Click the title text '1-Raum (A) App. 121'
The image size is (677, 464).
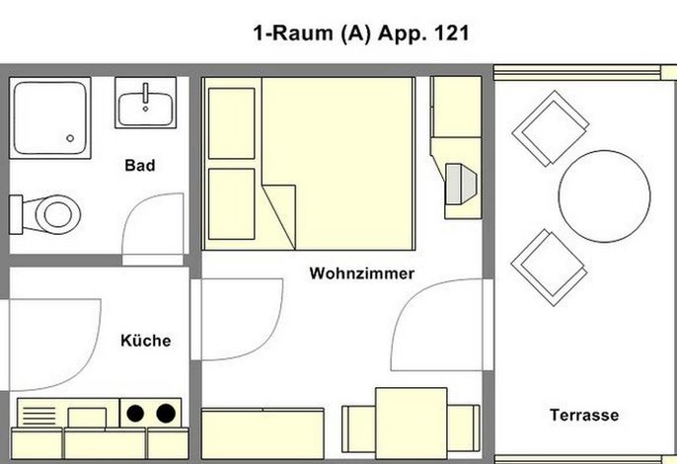click(x=361, y=34)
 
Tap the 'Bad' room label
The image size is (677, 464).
click(x=140, y=165)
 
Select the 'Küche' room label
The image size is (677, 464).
click(x=145, y=341)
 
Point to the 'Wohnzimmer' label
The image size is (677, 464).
click(x=362, y=273)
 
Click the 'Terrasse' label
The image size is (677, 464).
click(x=584, y=415)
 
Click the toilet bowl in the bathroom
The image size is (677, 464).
click(x=57, y=214)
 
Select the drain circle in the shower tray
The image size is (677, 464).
click(x=70, y=138)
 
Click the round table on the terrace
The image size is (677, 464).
click(x=604, y=196)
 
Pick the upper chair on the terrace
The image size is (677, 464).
click(x=551, y=128)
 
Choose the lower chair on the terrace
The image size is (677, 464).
click(x=549, y=268)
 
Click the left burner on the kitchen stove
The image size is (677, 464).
click(x=135, y=414)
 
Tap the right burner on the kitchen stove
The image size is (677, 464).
click(x=166, y=414)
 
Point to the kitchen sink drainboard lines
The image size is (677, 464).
click(x=38, y=416)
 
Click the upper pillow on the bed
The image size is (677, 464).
click(x=231, y=123)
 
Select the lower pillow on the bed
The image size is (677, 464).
click(x=231, y=204)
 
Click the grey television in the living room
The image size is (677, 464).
click(x=461, y=184)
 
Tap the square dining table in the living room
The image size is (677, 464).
click(x=411, y=424)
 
